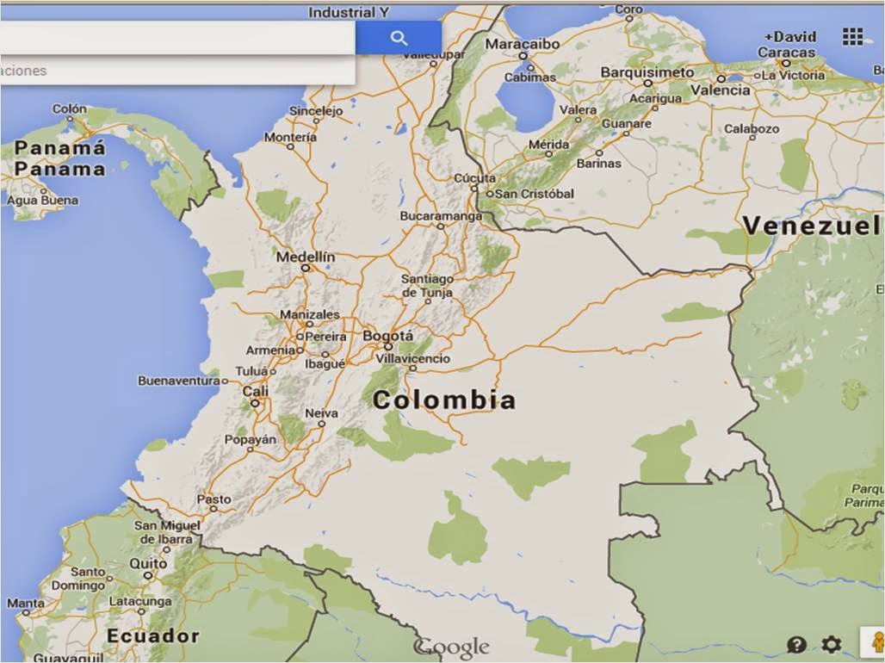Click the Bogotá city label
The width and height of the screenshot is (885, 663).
click(x=387, y=336)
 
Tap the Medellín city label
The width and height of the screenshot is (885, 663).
click(x=306, y=257)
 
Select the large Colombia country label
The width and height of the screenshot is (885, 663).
click(x=444, y=400)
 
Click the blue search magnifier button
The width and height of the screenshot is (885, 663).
click(x=399, y=38)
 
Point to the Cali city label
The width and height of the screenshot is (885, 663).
click(x=255, y=390)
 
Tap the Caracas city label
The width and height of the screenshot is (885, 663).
click(x=787, y=53)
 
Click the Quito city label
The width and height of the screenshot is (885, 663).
click(x=148, y=563)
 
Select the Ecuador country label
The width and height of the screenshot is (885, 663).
click(x=152, y=636)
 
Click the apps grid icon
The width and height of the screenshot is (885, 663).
click(x=852, y=36)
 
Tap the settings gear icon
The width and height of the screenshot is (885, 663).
click(x=831, y=644)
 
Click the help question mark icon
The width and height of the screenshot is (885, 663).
click(x=796, y=644)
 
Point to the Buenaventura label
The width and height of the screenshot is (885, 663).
click(x=179, y=380)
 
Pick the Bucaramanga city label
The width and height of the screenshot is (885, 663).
click(x=442, y=215)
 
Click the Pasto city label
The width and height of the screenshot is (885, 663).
click(x=214, y=499)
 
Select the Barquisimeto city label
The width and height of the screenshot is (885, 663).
click(x=647, y=72)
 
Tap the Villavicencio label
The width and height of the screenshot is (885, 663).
click(x=413, y=358)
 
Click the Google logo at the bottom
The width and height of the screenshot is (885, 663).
click(x=451, y=647)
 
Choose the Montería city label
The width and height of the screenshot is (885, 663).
click(x=290, y=137)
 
